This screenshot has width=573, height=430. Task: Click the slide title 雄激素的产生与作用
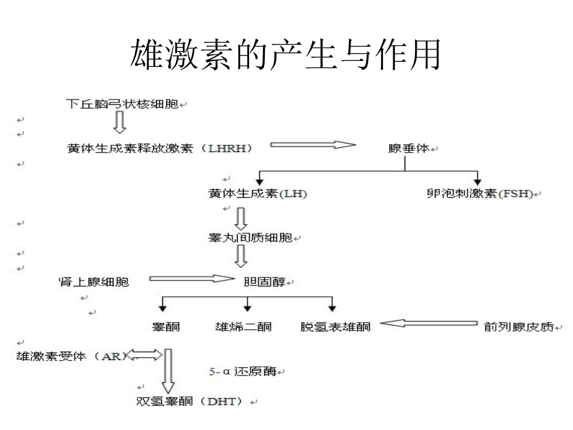(285, 55)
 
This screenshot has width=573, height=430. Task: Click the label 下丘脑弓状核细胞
(122, 104)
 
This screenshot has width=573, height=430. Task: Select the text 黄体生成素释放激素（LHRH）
(159, 148)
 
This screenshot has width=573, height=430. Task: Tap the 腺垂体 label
(408, 148)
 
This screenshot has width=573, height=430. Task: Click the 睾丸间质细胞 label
(250, 238)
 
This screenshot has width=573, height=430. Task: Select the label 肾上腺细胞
(93, 281)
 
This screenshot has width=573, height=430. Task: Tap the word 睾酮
(166, 327)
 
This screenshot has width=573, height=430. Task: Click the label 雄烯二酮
(243, 327)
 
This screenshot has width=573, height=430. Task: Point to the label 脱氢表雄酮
(335, 327)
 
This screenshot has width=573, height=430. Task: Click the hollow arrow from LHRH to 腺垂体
(312, 145)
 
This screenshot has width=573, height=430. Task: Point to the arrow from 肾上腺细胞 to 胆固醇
(190, 279)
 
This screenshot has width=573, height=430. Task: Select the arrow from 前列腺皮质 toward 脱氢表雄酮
(428, 324)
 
